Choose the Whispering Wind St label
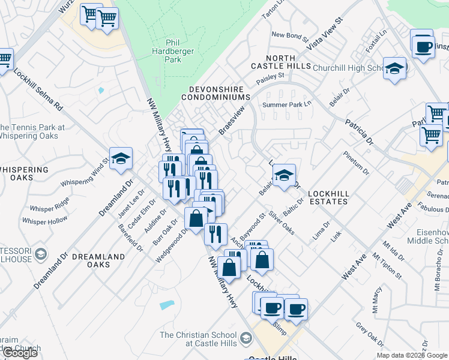coord(84,172)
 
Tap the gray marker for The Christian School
coord(245,339)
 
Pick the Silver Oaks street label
coord(280,222)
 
